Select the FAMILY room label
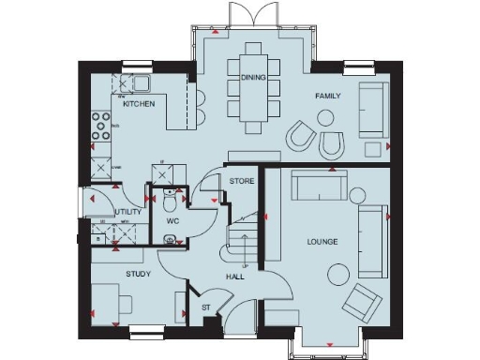328,96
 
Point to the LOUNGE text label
322,243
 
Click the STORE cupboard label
243,180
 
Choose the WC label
172,221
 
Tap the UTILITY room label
127,213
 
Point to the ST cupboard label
205,307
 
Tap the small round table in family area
326,118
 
